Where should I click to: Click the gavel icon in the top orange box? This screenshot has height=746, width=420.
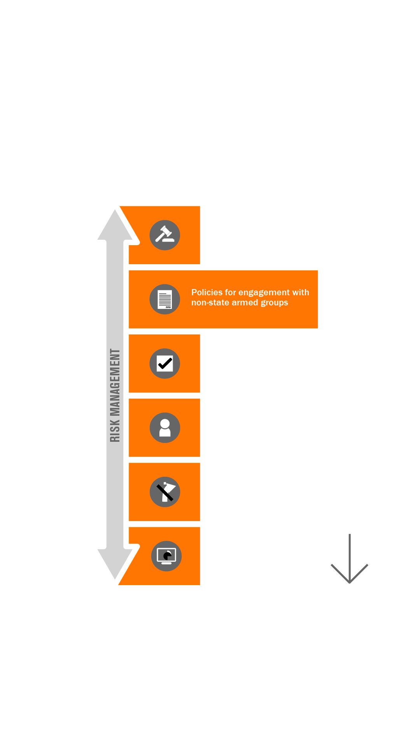point(165,235)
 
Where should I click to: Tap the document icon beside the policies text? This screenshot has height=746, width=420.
point(165,299)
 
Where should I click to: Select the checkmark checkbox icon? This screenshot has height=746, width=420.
point(165,364)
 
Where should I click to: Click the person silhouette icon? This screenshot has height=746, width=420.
point(165,428)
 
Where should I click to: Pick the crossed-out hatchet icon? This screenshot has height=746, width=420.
point(165,492)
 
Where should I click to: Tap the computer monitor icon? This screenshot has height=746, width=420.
point(166,556)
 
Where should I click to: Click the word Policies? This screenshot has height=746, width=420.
point(206,292)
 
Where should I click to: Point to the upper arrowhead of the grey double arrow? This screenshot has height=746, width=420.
point(115,225)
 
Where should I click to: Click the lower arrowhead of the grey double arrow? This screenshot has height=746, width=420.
point(115,564)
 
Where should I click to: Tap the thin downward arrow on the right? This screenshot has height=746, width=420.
point(350,558)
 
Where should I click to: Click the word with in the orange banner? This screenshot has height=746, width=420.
point(301,292)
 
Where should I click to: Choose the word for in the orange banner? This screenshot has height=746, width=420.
point(230,292)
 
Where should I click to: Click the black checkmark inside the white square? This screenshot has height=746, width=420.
point(165,364)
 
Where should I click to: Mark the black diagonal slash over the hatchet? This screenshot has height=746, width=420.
point(165,493)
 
